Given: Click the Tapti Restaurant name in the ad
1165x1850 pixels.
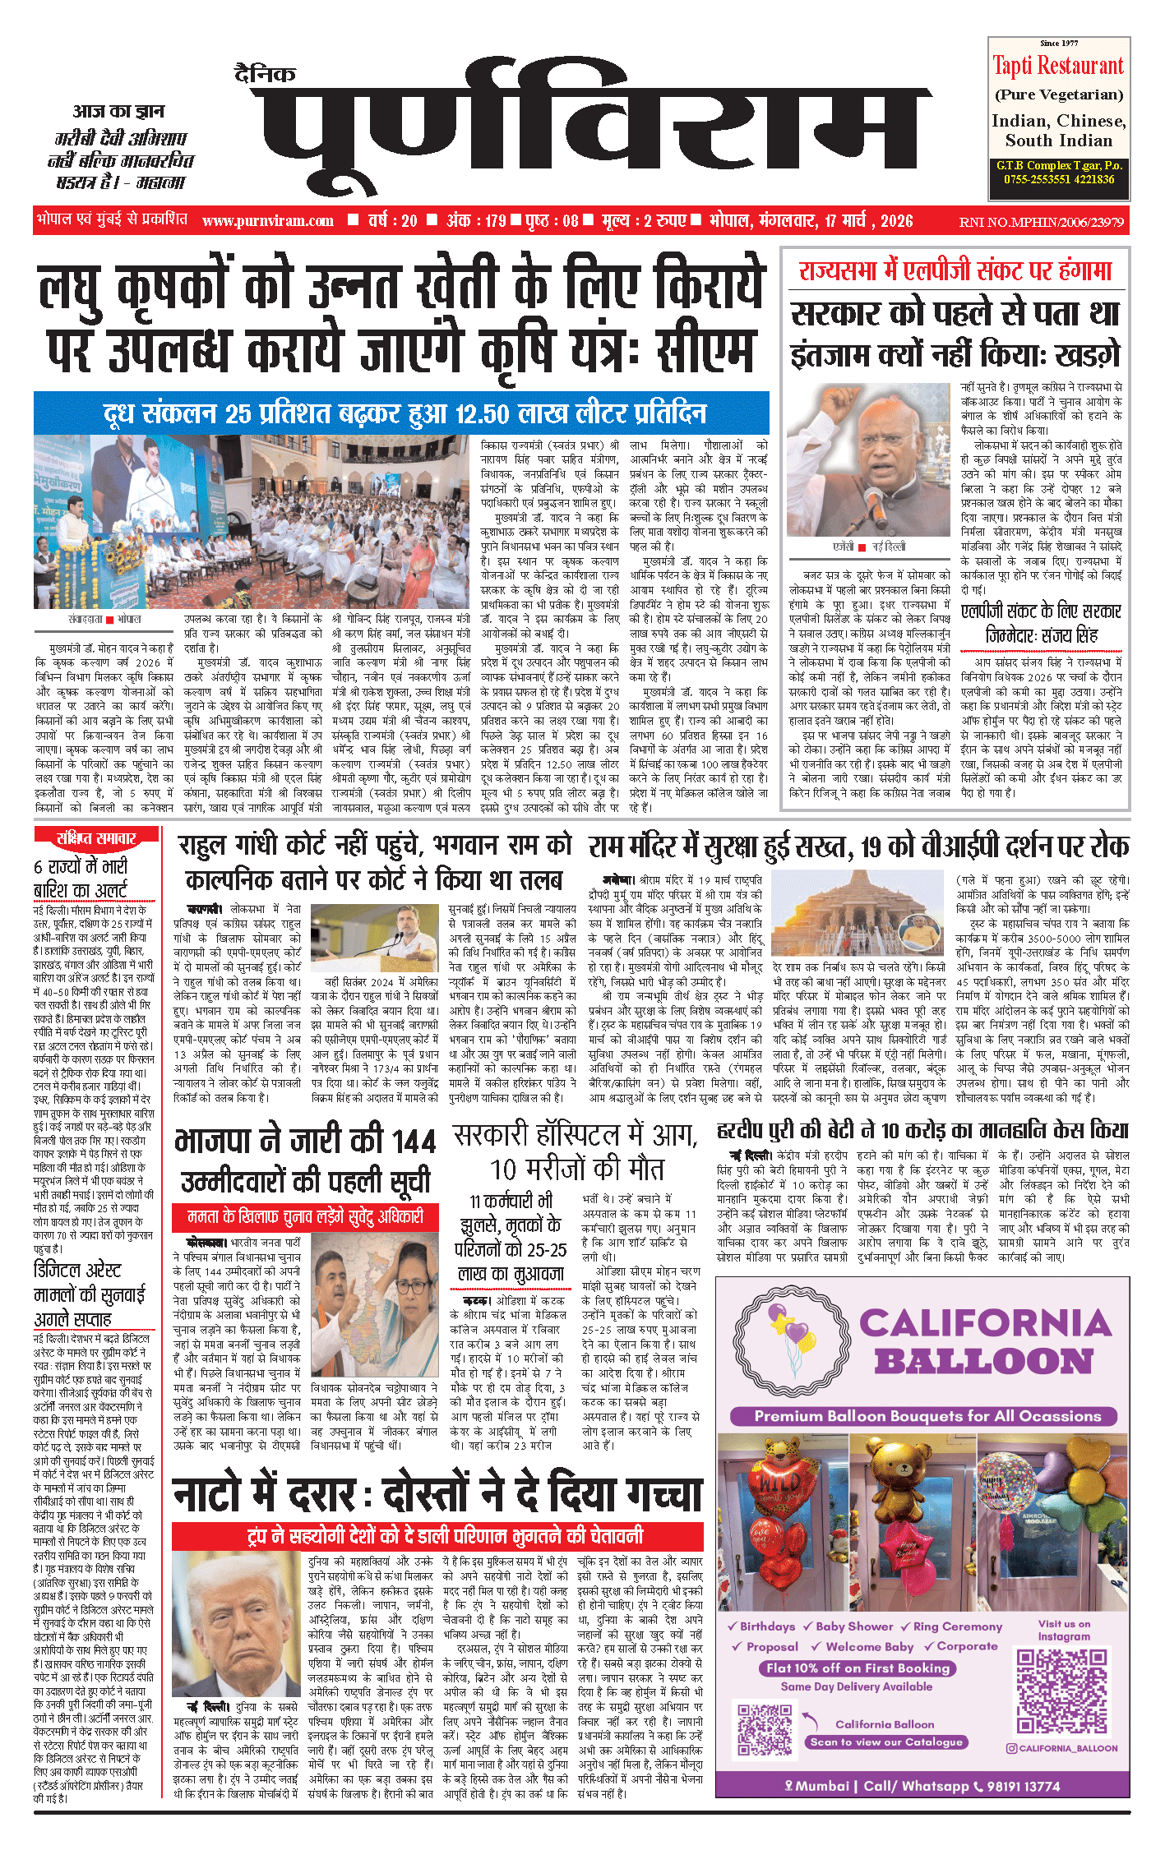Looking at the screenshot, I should (x=1058, y=66).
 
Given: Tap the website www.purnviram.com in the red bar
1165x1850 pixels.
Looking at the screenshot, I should (x=268, y=221).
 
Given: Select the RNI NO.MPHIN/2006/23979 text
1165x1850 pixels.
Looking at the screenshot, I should (x=1041, y=222).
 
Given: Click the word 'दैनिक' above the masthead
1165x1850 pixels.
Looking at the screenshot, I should (x=265, y=75).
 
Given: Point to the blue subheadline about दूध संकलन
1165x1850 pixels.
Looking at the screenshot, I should (x=401, y=413).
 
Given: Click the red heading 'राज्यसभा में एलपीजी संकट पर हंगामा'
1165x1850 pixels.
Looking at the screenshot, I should (x=955, y=271).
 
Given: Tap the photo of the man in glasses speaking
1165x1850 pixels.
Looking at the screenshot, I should (x=869, y=460).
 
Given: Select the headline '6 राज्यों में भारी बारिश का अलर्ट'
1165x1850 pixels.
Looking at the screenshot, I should (x=81, y=878).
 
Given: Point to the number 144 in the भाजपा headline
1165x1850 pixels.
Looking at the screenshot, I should (x=414, y=1142).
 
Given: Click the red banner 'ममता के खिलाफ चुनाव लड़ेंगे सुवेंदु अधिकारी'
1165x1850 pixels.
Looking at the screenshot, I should (x=305, y=1217).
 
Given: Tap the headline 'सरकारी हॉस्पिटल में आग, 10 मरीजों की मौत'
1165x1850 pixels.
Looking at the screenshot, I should (x=576, y=1151).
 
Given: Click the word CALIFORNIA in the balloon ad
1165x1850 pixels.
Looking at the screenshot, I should (x=986, y=1323).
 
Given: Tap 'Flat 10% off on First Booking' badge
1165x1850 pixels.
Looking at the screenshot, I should (x=858, y=1668).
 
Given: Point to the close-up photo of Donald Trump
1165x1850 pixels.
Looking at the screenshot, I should (x=238, y=1624).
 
